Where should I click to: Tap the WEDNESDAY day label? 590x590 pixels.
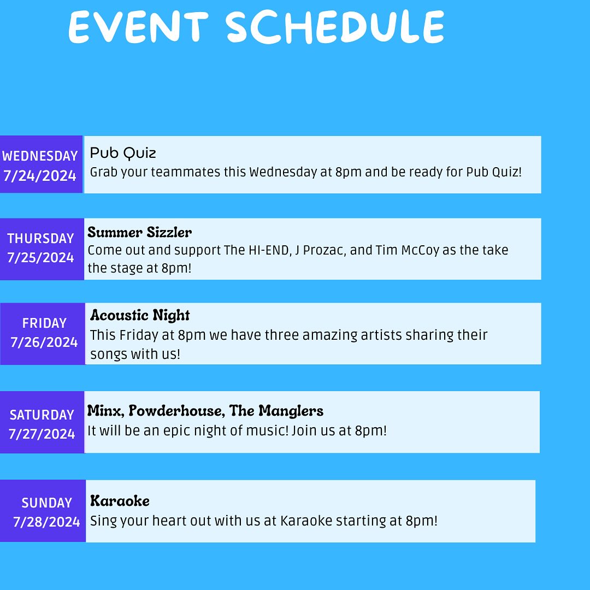point(40,156)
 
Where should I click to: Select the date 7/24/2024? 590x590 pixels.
point(40,176)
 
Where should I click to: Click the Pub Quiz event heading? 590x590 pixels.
point(123,153)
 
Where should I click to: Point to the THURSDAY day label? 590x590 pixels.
point(40,238)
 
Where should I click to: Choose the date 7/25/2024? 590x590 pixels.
point(40,258)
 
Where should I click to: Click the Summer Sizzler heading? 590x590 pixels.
point(140,232)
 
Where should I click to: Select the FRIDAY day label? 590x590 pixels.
point(44,323)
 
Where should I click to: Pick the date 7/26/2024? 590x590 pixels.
point(44,343)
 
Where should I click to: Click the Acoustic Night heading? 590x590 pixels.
point(140,315)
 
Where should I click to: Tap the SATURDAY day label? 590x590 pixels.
point(42,415)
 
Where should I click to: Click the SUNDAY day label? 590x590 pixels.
point(46,503)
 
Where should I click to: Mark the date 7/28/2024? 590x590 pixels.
point(46,522)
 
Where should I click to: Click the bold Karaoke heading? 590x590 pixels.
point(120,501)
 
